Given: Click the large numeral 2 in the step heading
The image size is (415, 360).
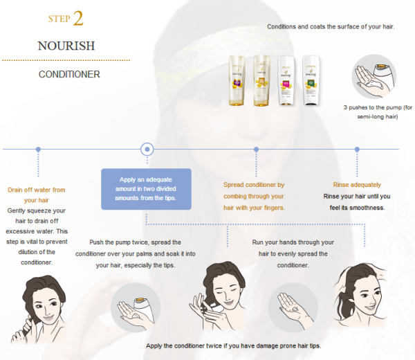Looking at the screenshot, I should pos(78,18).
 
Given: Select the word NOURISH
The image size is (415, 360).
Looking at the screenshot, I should pos(66,46).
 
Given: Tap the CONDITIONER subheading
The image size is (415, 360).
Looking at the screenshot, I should pos(69,74).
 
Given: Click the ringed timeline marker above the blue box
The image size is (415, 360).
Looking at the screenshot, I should pos(147,149).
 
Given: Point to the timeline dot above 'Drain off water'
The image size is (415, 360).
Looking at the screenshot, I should pos(38,149).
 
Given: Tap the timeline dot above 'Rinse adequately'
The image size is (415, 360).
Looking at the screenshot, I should pos(357,149).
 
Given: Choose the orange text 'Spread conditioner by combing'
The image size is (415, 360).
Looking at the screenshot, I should pos(254,196).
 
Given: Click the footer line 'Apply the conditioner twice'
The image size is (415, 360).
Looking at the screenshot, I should pos(234,345).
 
